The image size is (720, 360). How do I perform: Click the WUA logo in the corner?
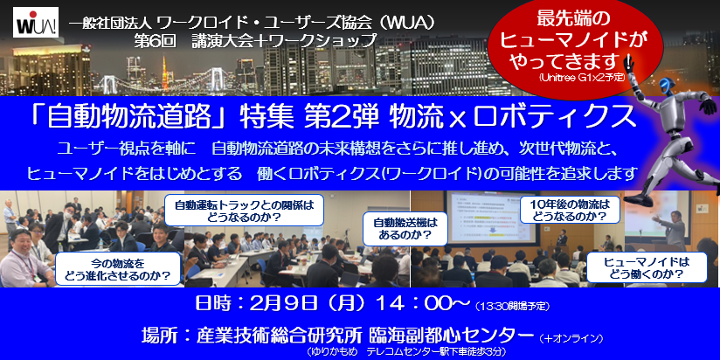coord(36,23)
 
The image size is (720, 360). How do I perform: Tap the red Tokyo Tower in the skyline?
coord(164,73)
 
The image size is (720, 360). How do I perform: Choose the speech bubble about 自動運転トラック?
coord(244,211)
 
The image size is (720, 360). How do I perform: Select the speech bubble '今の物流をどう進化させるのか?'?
coord(118,269)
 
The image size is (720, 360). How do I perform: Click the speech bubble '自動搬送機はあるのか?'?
coord(405,229)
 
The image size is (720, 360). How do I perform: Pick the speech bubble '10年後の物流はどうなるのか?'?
coord(570,209)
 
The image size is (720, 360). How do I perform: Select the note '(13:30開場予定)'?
coord(513,305)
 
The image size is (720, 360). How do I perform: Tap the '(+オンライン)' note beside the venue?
coord(571,338)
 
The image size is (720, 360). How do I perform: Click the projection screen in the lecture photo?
coord(490,218)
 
